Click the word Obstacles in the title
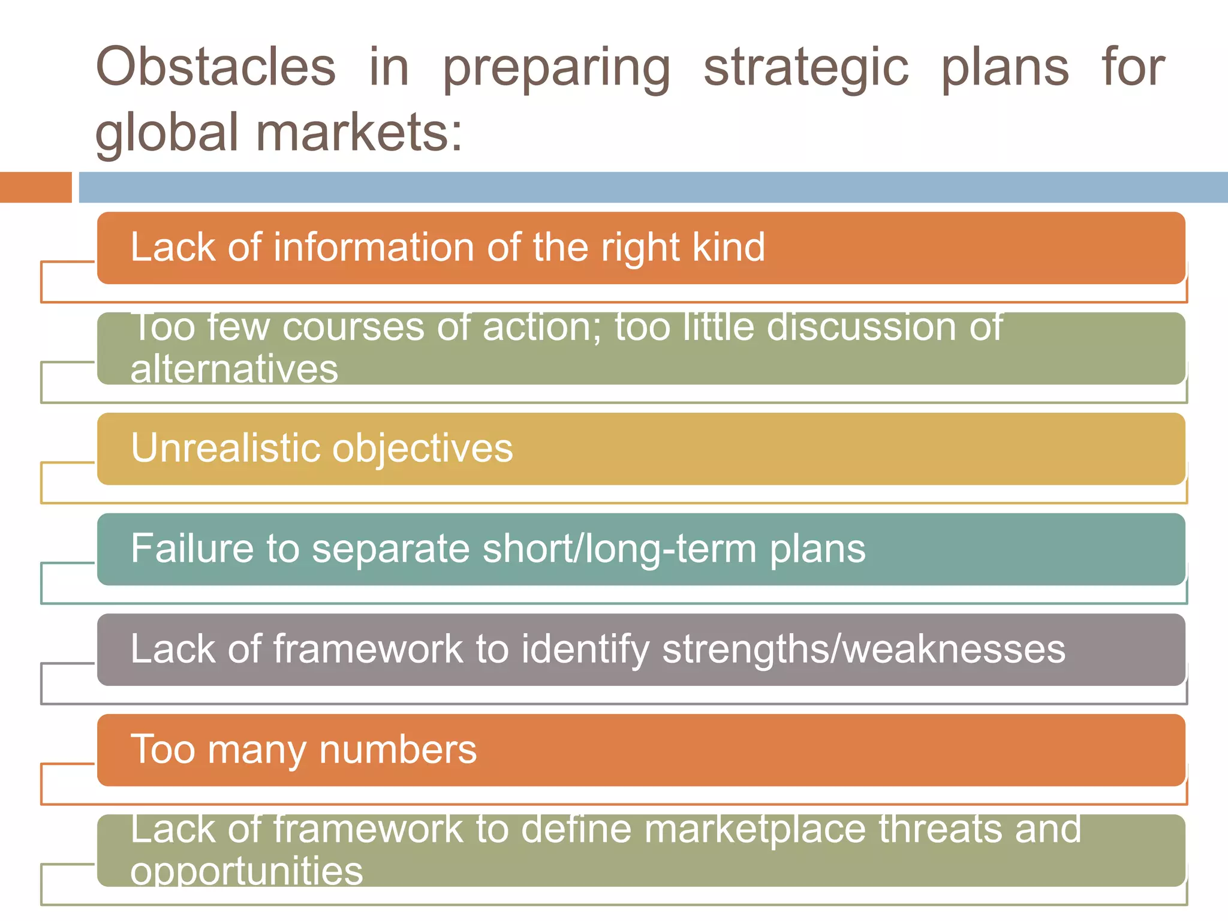pyautogui.click(x=216, y=67)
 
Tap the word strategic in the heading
pyautogui.click(x=805, y=68)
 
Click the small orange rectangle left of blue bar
pyautogui.click(x=35, y=187)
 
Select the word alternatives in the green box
pyautogui.click(x=234, y=369)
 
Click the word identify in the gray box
pyautogui.click(x=585, y=649)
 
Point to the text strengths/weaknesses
pyautogui.click(x=863, y=649)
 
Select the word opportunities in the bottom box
pyautogui.click(x=246, y=871)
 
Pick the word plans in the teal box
pyautogui.click(x=817, y=549)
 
